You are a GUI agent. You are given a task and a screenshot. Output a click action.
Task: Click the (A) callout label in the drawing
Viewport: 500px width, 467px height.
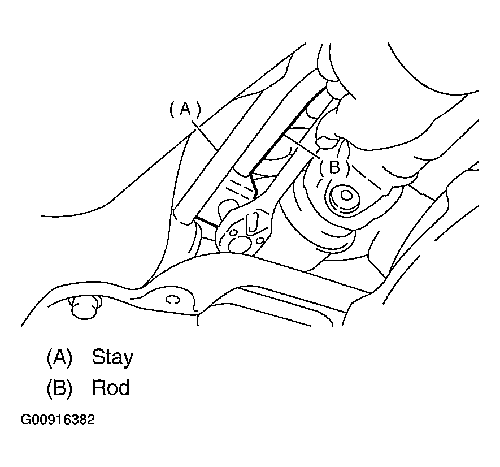[x=185, y=110]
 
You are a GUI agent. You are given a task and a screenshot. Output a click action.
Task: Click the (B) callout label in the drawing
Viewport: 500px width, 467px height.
[x=334, y=167]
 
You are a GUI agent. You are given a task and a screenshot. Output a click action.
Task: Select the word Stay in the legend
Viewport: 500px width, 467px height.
[x=112, y=357]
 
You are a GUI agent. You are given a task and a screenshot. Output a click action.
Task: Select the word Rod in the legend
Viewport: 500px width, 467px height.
[x=111, y=387]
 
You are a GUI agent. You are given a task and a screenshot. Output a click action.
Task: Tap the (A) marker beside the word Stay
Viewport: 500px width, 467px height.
[x=60, y=357]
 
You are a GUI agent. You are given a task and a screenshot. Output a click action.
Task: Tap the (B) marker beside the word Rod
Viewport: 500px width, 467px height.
[x=60, y=387]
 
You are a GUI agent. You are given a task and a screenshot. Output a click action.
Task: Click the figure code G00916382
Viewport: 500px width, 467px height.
[x=58, y=420]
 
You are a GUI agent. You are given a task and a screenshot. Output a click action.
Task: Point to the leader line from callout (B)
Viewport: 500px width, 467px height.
[x=302, y=146]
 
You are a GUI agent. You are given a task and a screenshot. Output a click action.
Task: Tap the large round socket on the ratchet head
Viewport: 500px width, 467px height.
[x=238, y=245]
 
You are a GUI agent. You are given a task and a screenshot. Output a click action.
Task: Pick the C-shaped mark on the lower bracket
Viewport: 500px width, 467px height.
[x=172, y=300]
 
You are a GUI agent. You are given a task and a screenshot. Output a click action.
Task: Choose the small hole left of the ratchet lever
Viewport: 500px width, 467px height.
[x=234, y=232]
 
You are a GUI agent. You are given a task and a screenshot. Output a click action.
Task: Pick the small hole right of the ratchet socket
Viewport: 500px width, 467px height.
[x=260, y=239]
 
